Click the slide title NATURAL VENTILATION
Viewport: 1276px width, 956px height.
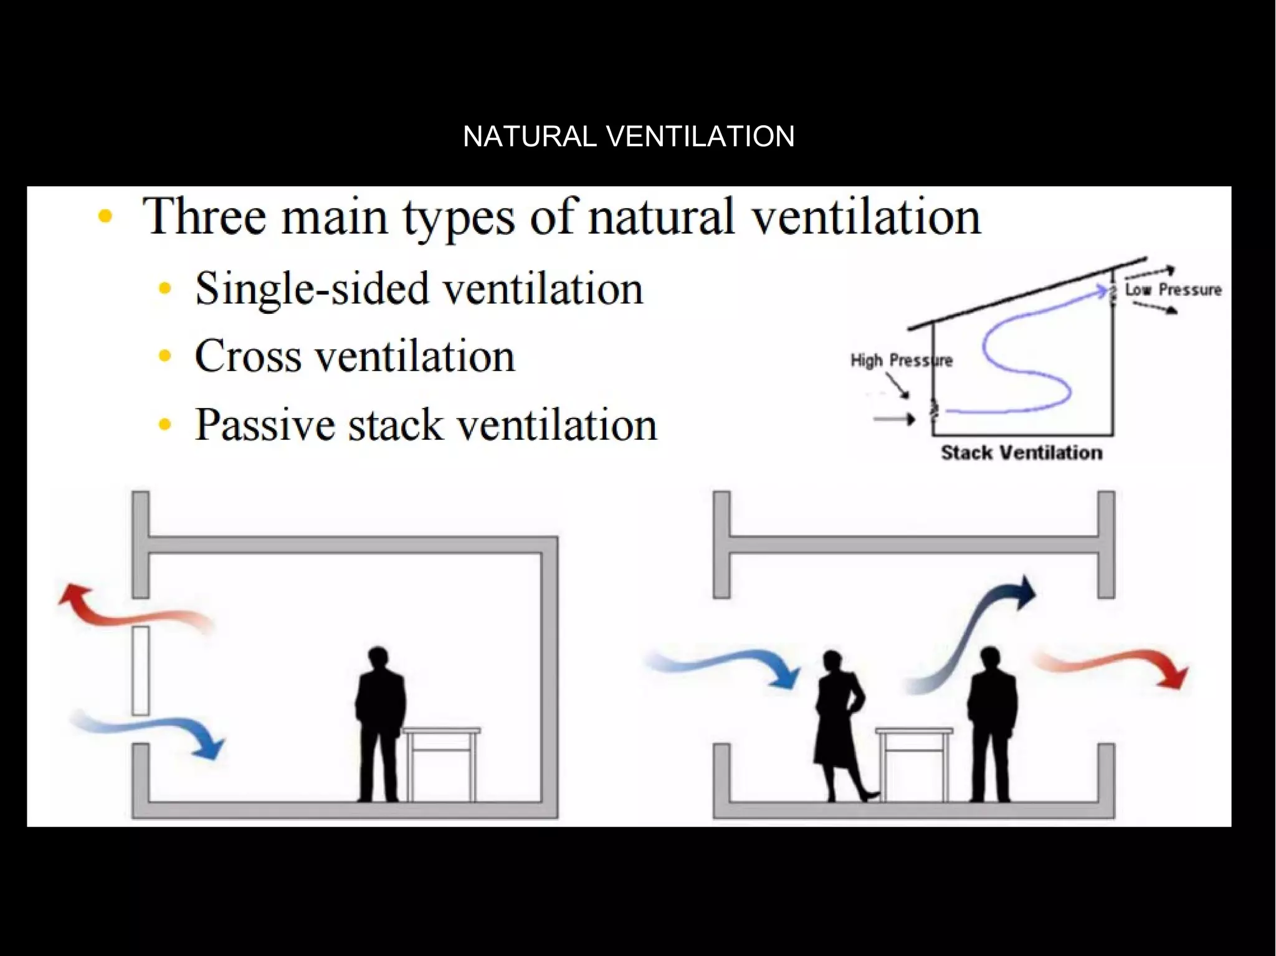coord(629,136)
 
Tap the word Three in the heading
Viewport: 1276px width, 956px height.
coord(205,216)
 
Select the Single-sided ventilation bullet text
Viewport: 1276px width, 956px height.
coord(419,288)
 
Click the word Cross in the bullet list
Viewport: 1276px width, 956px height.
coord(249,356)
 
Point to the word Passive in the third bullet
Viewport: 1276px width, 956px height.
coord(264,425)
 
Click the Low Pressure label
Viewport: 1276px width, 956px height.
coord(1173,290)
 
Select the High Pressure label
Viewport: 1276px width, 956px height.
coord(900,361)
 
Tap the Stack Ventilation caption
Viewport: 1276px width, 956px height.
coord(1021,453)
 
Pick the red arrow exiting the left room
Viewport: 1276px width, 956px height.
coord(131,610)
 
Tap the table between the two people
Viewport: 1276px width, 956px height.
coord(913,763)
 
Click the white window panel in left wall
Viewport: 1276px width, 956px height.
coord(141,670)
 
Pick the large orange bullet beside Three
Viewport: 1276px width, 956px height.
coord(105,217)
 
